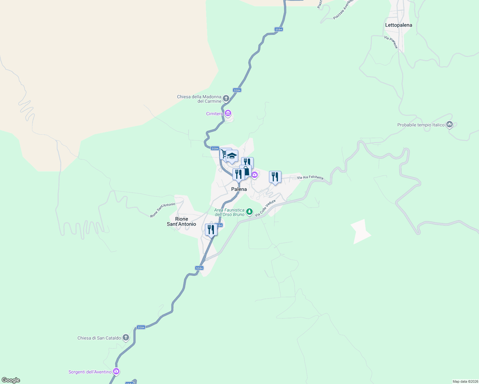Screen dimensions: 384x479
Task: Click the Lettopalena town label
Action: (398, 25)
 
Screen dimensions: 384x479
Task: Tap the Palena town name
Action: (239, 189)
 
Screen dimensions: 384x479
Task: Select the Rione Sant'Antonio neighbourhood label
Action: (181, 221)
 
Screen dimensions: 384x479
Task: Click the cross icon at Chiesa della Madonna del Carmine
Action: (226, 98)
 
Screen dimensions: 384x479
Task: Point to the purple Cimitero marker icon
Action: (228, 113)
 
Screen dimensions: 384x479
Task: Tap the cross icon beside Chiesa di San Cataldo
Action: (126, 338)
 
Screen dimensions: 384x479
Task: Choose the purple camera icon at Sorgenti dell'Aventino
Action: (116, 372)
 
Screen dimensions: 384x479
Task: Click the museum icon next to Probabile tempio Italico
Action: (449, 124)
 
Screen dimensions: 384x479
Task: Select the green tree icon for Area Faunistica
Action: (249, 212)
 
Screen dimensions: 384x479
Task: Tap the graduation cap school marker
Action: (232, 156)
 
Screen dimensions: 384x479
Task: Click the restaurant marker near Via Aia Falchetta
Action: (275, 177)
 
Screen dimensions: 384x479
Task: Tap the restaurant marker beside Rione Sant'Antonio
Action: (211, 229)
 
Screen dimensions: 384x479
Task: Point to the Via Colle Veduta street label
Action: (265, 208)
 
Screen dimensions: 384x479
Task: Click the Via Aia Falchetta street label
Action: (310, 177)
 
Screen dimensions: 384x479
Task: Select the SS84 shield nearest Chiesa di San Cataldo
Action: (141, 327)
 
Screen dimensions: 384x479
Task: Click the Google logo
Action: (11, 380)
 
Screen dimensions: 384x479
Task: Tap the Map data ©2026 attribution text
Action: (465, 381)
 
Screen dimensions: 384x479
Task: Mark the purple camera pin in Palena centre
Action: (255, 175)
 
